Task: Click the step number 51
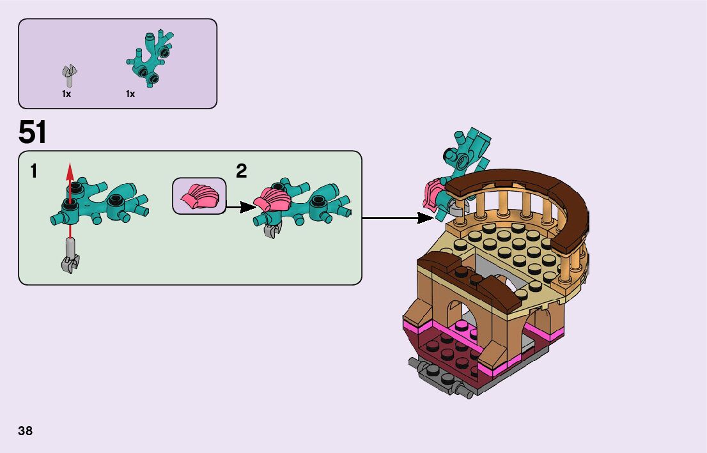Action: pyautogui.click(x=33, y=132)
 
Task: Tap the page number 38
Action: pyautogui.click(x=26, y=431)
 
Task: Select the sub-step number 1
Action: pyautogui.click(x=33, y=171)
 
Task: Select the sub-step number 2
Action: pyautogui.click(x=241, y=171)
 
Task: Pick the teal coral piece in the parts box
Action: pyautogui.click(x=150, y=58)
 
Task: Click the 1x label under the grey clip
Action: pyautogui.click(x=66, y=94)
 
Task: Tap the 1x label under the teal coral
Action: pyautogui.click(x=130, y=94)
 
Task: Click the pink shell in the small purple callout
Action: pyautogui.click(x=199, y=196)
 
